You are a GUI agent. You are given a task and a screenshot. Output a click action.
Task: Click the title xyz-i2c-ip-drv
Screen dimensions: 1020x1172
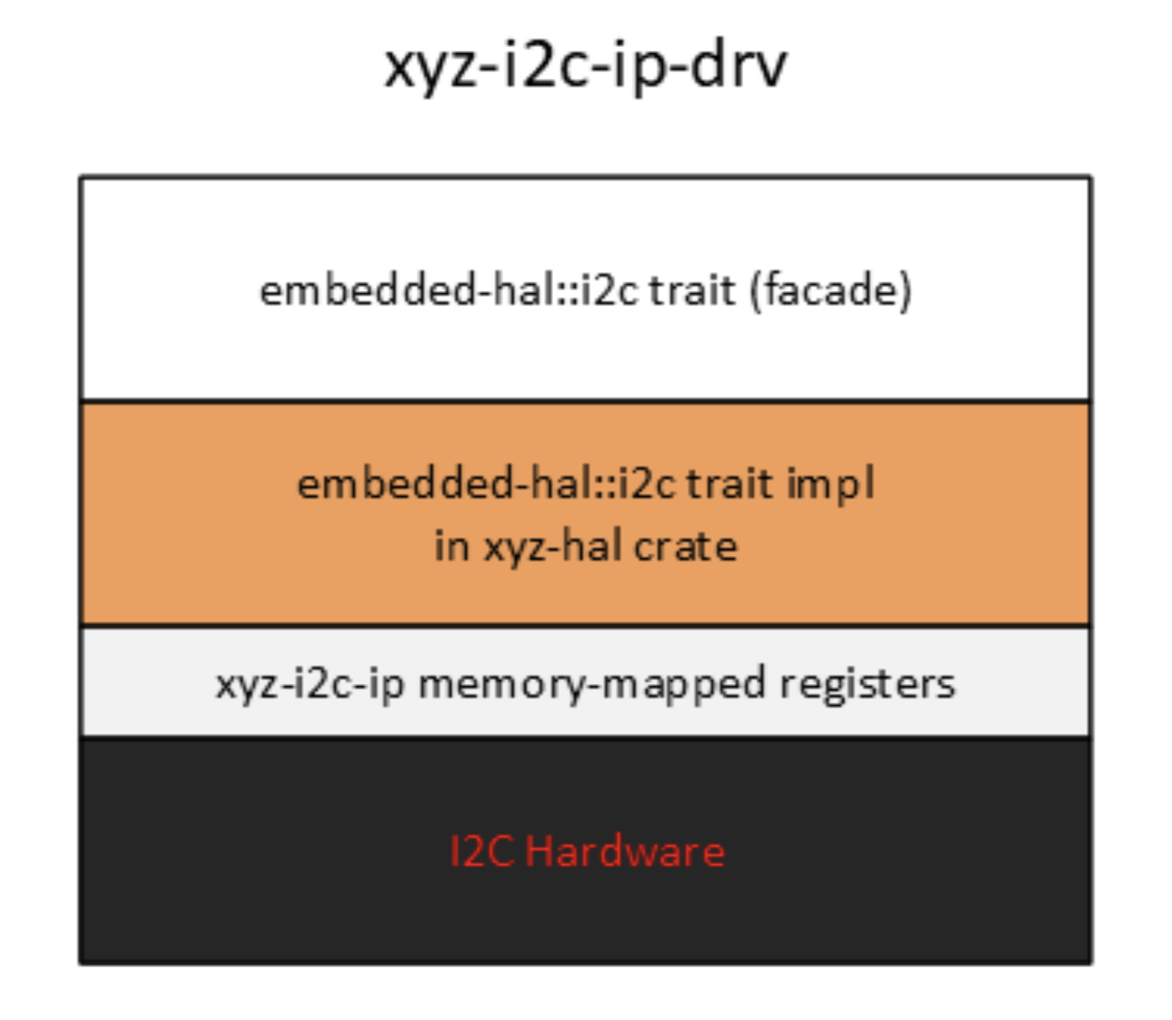(586, 66)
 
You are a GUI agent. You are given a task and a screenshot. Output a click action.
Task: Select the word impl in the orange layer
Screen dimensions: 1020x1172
(831, 483)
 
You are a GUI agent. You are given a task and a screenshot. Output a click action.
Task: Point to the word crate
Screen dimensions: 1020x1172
(685, 546)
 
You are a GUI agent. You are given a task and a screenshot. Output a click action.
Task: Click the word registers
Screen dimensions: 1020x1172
(867, 684)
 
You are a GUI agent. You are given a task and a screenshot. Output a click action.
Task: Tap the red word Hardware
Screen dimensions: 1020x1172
(625, 851)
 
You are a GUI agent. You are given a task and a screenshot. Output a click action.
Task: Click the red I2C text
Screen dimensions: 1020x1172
(481, 851)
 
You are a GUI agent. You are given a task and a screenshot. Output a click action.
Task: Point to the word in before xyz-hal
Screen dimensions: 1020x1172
(451, 546)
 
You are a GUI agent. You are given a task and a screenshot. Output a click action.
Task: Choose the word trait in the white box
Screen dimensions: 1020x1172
(692, 291)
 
